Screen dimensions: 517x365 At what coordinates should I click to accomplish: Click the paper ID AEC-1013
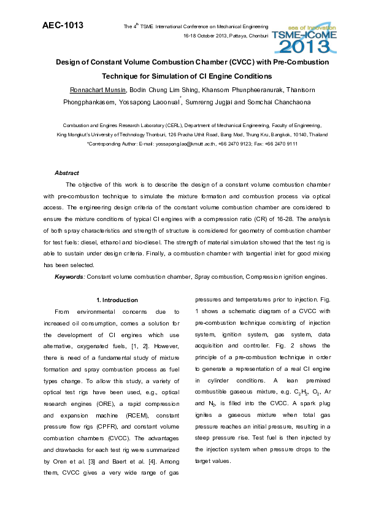pyautogui.click(x=63, y=26)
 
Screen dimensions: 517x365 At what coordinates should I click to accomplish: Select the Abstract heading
pyautogui.click(x=67, y=173)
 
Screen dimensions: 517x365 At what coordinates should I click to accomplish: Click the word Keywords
pyautogui.click(x=69, y=277)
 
